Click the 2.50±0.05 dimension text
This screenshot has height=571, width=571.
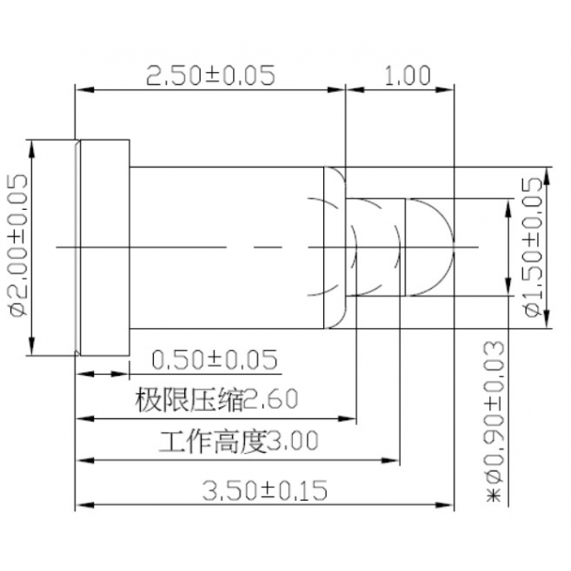[211, 76]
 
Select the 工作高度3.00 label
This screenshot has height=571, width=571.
[239, 442]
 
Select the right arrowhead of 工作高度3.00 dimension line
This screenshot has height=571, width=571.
[396, 460]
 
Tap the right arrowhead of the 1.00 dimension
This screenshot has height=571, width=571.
[449, 90]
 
